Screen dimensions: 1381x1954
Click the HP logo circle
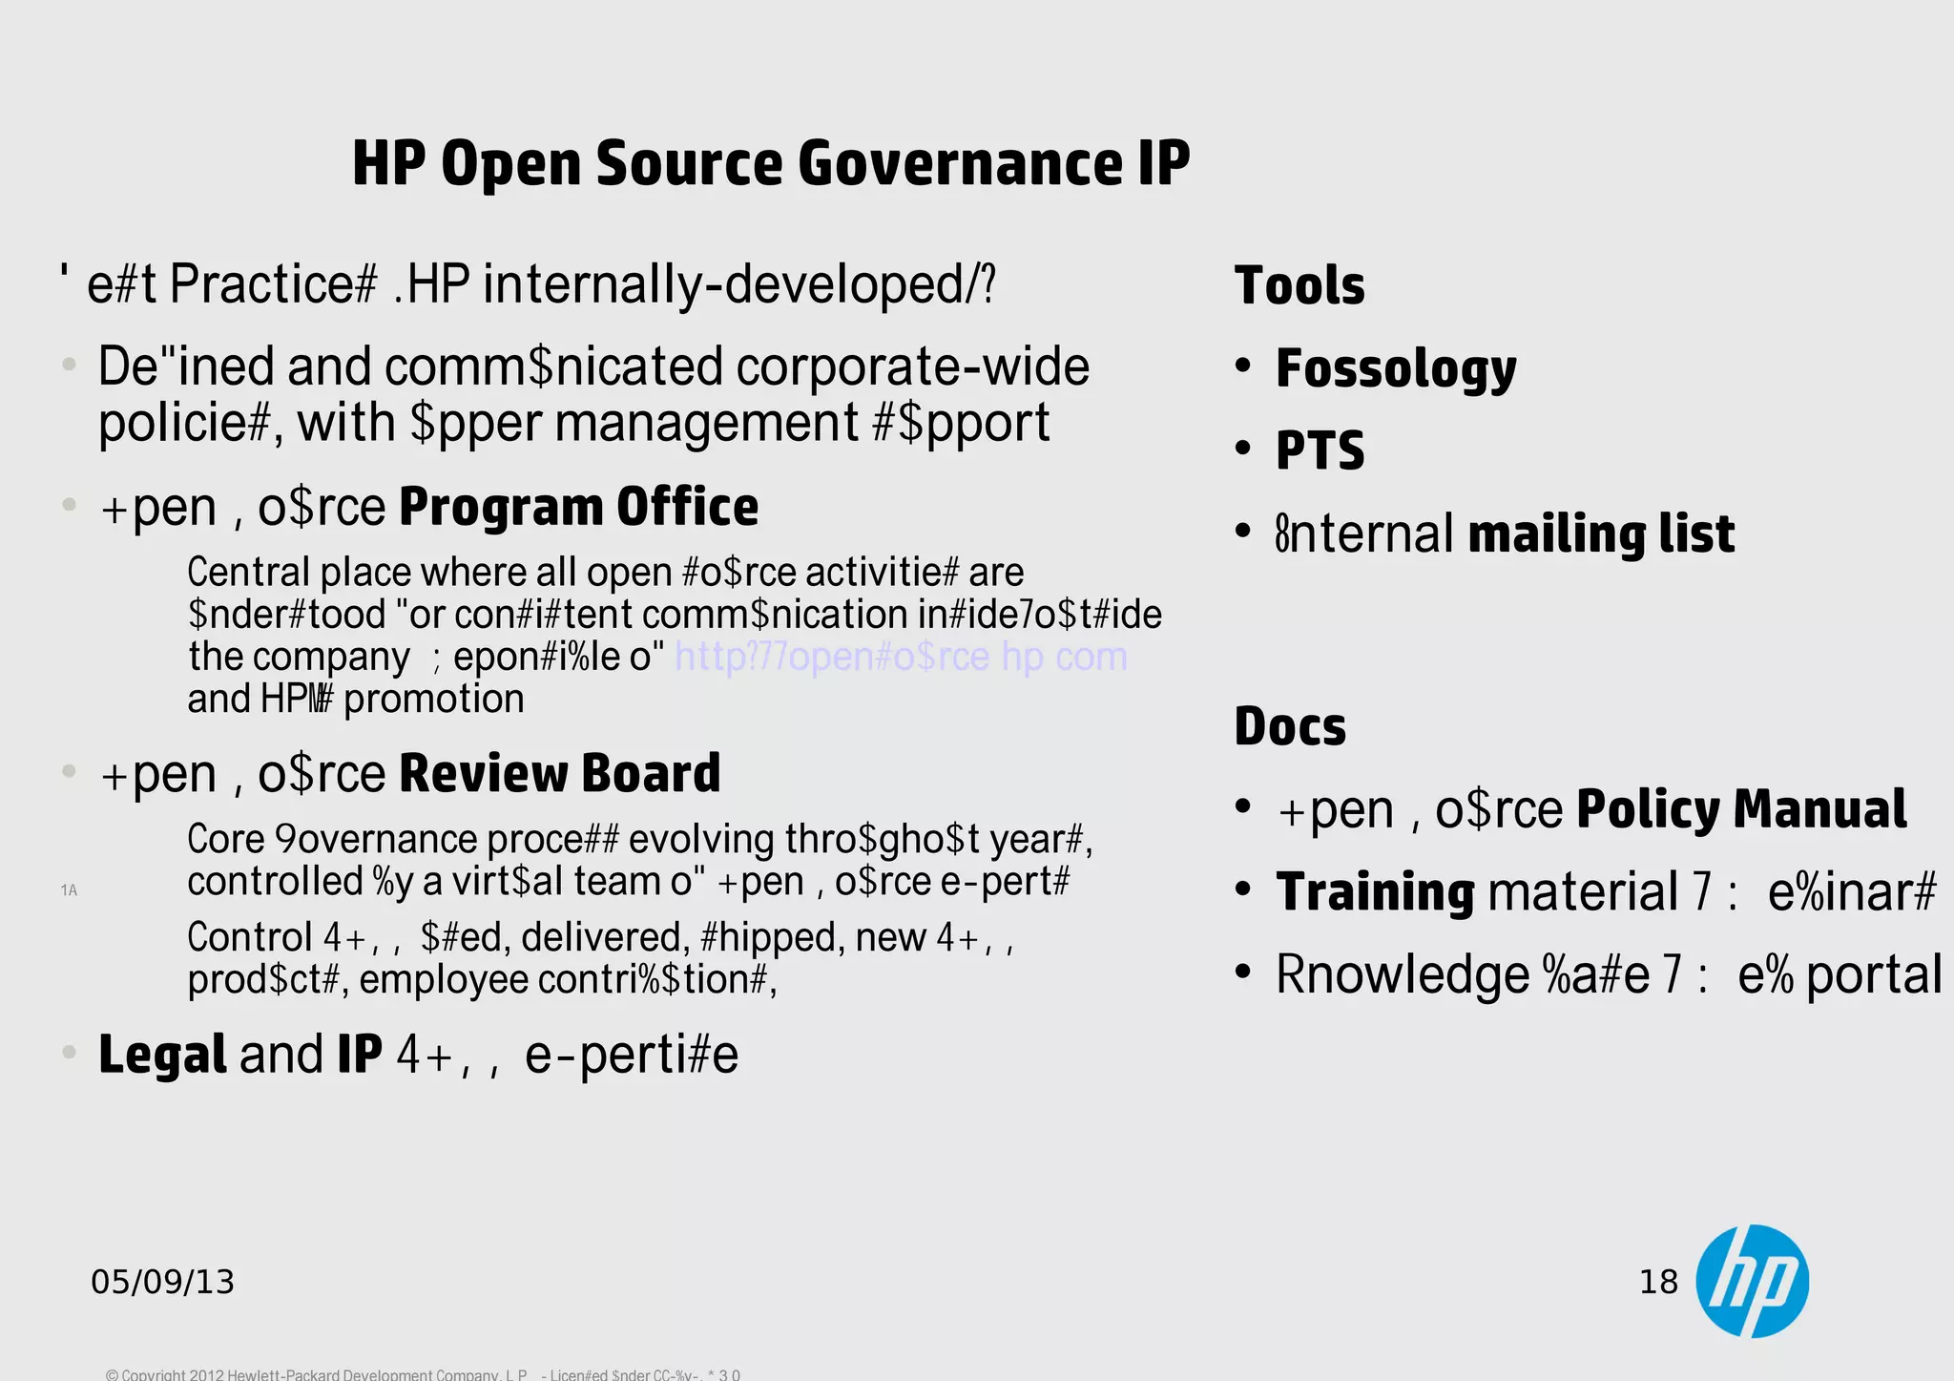(1752, 1281)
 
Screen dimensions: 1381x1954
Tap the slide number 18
(1658, 1282)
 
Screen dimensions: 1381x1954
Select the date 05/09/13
(162, 1282)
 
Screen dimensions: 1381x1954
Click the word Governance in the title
(959, 162)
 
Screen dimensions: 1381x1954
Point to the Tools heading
(1299, 285)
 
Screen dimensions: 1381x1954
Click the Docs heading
(1290, 726)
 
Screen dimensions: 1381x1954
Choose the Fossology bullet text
(1396, 369)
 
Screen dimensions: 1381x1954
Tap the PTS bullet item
(1320, 450)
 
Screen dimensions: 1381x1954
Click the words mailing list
(1601, 534)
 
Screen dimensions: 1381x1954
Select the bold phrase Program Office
(578, 507)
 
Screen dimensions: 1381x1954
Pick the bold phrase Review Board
(559, 773)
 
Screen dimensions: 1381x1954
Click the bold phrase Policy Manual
(1741, 809)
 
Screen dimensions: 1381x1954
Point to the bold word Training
(1375, 892)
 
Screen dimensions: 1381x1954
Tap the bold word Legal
(162, 1055)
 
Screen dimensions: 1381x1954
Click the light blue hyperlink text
(901, 657)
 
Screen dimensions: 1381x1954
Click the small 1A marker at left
(69, 890)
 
